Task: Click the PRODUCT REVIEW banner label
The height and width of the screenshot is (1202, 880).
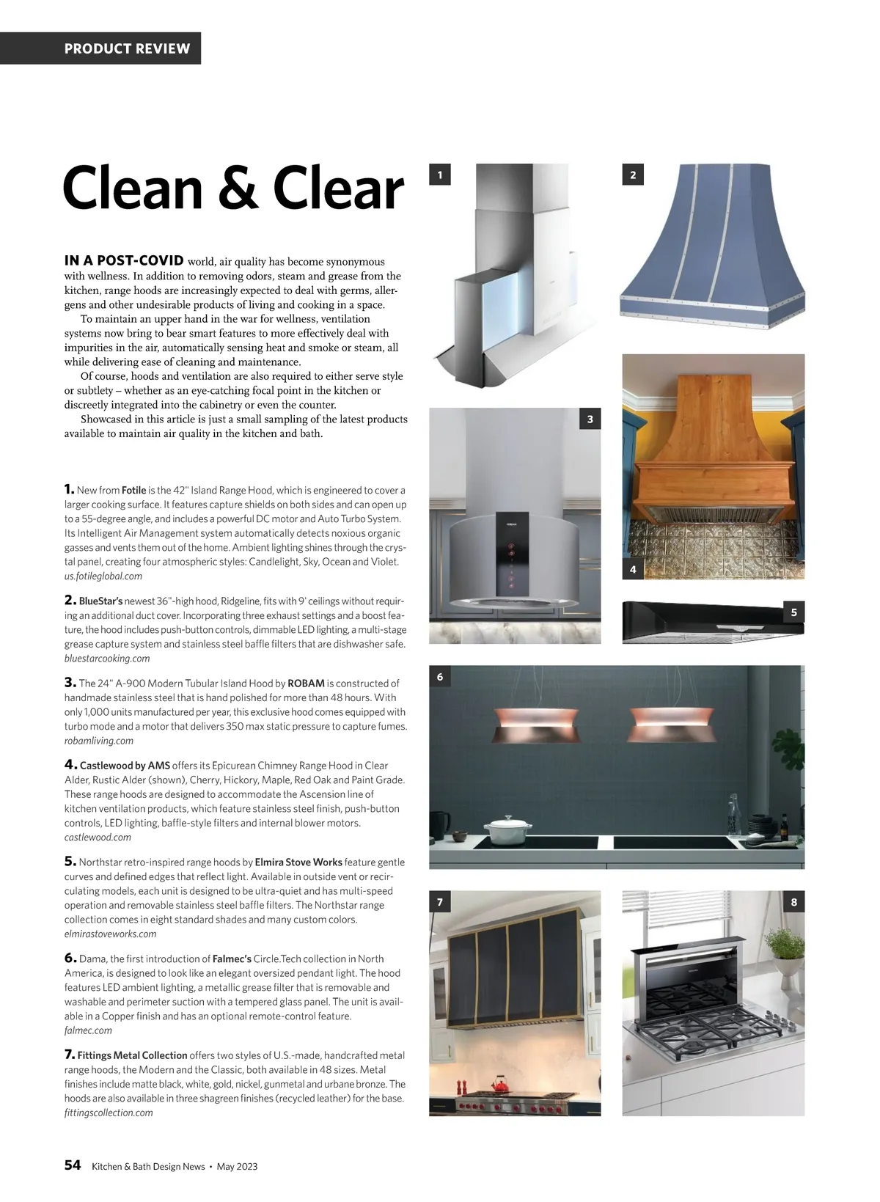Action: pos(127,49)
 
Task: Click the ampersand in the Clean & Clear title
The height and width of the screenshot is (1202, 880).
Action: pos(237,189)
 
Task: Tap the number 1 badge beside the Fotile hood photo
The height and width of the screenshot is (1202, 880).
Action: pos(439,175)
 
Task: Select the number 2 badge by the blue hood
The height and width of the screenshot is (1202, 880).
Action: pos(633,175)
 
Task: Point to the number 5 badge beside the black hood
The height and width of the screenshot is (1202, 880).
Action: pos(794,612)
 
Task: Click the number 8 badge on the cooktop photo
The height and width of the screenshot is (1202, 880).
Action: pos(794,902)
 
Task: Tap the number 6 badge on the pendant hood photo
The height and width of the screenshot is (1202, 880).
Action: pos(439,676)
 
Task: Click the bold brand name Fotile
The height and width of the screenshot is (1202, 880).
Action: pos(133,490)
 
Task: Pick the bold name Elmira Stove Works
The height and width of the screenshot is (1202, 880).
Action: pos(298,862)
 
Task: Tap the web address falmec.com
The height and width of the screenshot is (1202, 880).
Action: pos(88,1030)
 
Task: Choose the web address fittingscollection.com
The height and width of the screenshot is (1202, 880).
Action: pos(109,1113)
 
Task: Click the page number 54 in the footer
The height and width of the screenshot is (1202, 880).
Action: pos(73,1165)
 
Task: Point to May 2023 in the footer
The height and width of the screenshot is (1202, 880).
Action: pos(237,1166)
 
